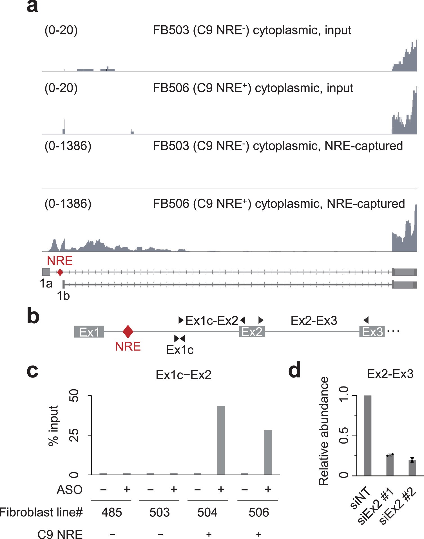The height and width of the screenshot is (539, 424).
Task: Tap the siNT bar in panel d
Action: coord(368,435)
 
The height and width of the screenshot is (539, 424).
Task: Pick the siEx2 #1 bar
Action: coord(390,465)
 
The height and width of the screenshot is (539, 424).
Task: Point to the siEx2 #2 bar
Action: coord(412,468)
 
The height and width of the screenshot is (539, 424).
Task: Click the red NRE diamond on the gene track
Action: coord(60,272)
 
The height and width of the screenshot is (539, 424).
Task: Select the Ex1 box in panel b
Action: coord(89,332)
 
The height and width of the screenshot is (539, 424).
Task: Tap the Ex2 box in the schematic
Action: coord(252,332)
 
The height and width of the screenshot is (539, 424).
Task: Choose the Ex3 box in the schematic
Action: coord(372,332)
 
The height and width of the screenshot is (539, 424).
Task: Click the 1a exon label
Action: coord(46,283)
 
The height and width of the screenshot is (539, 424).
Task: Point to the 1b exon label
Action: coord(63,296)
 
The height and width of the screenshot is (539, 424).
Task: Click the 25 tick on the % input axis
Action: coord(74,435)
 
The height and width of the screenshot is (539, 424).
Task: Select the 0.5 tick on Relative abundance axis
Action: coord(344,436)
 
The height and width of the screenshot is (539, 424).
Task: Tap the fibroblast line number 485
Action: coord(111,512)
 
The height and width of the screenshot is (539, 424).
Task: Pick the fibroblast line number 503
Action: coord(159,512)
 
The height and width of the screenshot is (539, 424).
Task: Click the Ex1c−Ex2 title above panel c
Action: coord(184,375)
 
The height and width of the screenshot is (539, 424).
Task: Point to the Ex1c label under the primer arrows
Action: coord(180,350)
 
